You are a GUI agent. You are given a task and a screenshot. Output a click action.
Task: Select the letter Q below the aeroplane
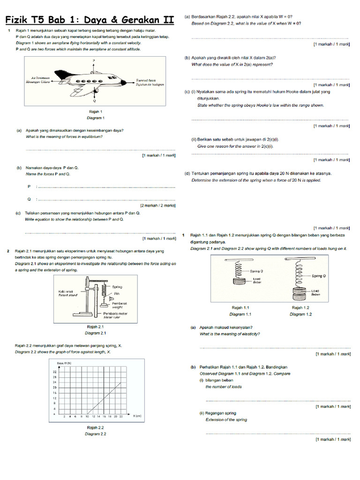[x=94, y=101]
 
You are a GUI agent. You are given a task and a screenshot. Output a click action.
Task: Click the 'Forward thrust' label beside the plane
[x=146, y=80]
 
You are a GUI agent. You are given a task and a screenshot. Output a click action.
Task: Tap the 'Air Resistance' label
[x=40, y=77]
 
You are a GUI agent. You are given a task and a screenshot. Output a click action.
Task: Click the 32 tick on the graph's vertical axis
[x=54, y=372]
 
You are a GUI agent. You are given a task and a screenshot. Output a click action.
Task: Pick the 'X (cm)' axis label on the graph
[x=137, y=416]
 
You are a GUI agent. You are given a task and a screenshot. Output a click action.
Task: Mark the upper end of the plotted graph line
[x=120, y=382]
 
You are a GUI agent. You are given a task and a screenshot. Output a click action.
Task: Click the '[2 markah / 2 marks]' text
[x=158, y=205]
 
